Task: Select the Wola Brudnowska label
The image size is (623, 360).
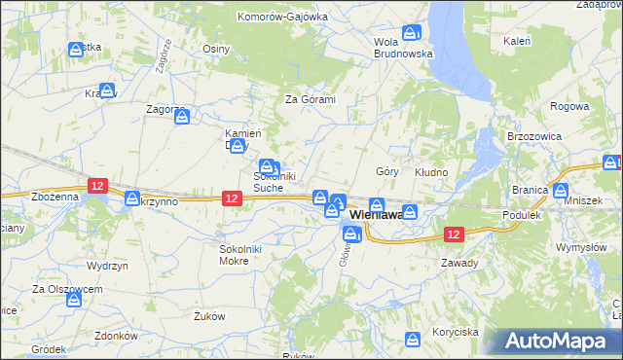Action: tap(403, 48)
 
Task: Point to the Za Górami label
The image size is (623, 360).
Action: tap(310, 99)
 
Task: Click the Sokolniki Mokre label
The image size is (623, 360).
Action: tap(240, 255)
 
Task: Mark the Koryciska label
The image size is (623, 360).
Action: tap(454, 332)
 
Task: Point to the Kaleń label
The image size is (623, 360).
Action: tap(516, 42)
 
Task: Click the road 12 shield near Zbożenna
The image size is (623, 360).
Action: tap(96, 184)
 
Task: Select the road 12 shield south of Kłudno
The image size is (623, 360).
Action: tap(454, 234)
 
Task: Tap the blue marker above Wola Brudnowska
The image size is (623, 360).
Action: tap(411, 31)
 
